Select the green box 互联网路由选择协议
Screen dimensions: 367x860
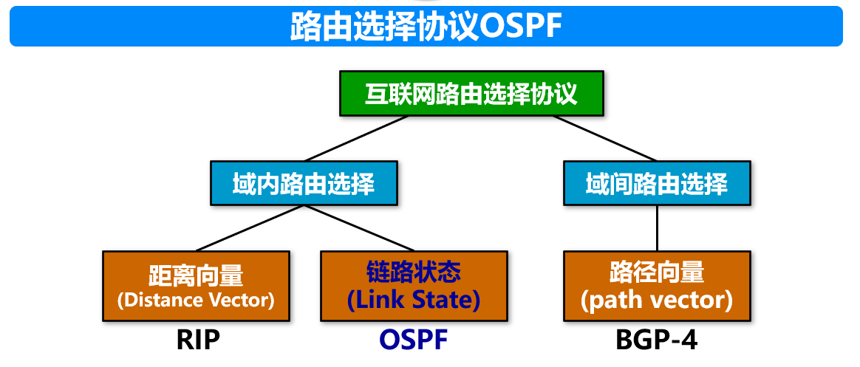pyautogui.click(x=471, y=93)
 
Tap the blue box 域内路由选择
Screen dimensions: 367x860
pyautogui.click(x=304, y=182)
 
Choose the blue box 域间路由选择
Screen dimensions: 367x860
pyautogui.click(x=657, y=182)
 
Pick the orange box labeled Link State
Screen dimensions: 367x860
pyautogui.click(x=414, y=286)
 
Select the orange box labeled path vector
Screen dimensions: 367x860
pyautogui.click(x=656, y=286)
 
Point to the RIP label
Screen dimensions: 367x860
pyautogui.click(x=199, y=339)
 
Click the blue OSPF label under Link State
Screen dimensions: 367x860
pyautogui.click(x=414, y=339)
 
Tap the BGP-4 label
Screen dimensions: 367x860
pyautogui.click(x=657, y=339)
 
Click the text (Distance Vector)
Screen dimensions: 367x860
pyautogui.click(x=196, y=299)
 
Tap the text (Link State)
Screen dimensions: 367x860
pyautogui.click(x=414, y=299)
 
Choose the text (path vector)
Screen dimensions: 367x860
pyautogui.click(x=656, y=299)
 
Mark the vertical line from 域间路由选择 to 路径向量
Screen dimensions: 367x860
pyautogui.click(x=657, y=227)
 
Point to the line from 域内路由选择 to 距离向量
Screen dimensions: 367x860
pyautogui.click(x=251, y=227)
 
